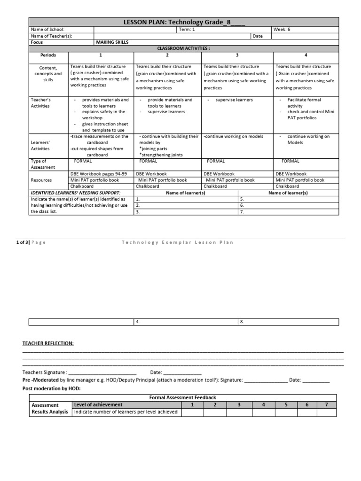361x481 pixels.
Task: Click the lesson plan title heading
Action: point(183,22)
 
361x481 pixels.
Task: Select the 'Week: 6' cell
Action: point(282,29)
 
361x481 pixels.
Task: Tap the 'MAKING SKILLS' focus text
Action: point(112,42)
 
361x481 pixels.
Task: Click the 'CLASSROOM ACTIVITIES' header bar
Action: point(183,48)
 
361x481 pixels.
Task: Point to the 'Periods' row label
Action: point(47,55)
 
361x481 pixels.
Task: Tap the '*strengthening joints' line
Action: point(161,155)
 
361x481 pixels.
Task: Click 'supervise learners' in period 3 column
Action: point(234,100)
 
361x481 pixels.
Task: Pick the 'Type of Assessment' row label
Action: point(43,164)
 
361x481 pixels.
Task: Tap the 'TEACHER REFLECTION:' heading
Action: point(48,343)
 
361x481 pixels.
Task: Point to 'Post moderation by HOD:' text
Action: point(52,388)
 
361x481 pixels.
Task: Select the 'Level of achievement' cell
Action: point(98,404)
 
